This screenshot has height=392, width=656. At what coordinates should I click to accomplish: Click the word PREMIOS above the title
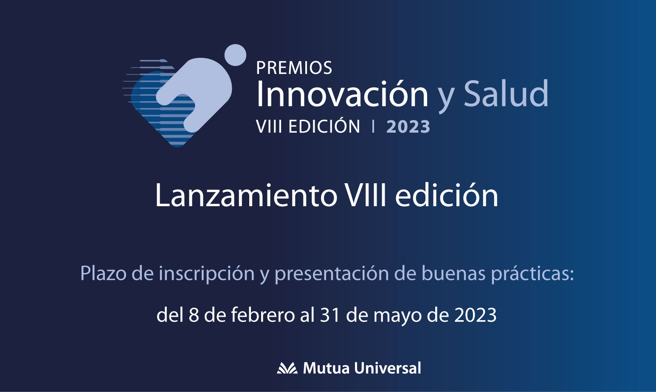(294, 68)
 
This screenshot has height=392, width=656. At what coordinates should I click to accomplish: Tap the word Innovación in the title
(342, 93)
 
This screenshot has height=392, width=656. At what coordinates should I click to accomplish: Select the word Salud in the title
(506, 93)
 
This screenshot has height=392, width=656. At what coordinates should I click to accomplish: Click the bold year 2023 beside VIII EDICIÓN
(408, 127)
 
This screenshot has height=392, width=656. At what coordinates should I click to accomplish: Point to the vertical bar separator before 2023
(373, 127)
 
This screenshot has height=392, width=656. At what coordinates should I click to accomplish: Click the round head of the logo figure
(235, 55)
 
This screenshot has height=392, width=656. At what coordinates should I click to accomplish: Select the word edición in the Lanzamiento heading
(447, 195)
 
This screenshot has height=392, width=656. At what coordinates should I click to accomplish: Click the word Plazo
(103, 273)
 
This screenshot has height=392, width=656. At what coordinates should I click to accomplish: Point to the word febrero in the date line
(263, 315)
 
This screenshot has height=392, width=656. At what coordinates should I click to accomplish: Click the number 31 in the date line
(329, 315)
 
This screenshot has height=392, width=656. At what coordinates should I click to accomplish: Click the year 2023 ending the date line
(475, 315)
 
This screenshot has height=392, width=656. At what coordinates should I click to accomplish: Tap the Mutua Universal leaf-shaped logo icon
(287, 368)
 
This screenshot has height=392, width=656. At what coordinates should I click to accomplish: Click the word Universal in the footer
(388, 368)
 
